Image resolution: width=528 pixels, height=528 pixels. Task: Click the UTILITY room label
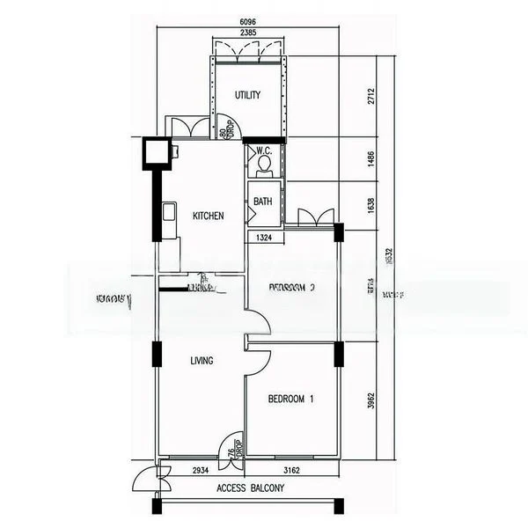click(x=247, y=95)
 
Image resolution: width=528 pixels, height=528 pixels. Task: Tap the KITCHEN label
click(x=208, y=216)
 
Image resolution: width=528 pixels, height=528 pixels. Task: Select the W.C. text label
click(x=263, y=150)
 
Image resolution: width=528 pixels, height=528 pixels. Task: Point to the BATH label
click(x=263, y=202)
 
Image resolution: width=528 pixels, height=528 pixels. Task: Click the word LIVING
click(x=202, y=361)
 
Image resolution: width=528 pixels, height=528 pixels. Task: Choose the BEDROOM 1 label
click(x=291, y=400)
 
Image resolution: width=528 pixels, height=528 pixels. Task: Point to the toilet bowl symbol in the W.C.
click(x=263, y=163)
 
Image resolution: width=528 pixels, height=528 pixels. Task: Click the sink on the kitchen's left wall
click(x=166, y=212)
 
